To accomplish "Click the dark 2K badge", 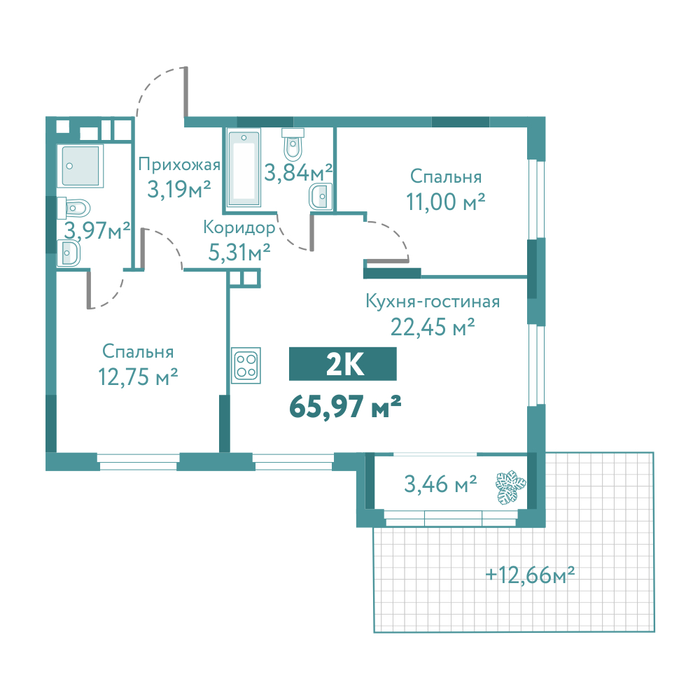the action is point(343,364).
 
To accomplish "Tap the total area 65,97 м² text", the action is point(345,407).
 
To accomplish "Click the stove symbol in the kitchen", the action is point(246,365).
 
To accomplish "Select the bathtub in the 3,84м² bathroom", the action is point(244,168).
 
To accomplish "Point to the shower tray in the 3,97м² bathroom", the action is point(80,165).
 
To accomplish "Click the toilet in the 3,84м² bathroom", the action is point(293,143).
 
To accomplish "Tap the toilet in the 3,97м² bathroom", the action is point(73,208).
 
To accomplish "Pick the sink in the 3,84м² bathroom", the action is point(321,196).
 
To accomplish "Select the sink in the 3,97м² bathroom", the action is point(69,253).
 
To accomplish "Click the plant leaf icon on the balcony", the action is point(511,487).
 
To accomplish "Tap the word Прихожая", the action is point(179,164).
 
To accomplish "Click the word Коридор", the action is point(239,227).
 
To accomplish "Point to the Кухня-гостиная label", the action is point(433,301).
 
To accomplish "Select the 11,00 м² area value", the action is point(445,202).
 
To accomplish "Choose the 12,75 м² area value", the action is point(138,377).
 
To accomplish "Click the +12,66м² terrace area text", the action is point(530,575).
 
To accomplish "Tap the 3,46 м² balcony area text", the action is point(440,484).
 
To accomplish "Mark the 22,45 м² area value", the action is point(432,327).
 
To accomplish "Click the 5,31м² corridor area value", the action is point(239,252).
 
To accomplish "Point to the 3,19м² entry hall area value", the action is point(179,189).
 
